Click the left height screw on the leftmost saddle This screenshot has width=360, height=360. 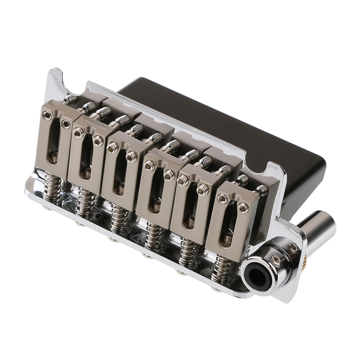(x=47, y=115)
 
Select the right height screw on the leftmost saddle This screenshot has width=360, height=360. (x=66, y=124)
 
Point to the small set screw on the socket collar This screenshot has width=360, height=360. (x=276, y=260)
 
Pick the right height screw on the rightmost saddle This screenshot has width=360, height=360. (x=243, y=208)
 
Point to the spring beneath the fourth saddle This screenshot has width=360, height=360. (x=154, y=236)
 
